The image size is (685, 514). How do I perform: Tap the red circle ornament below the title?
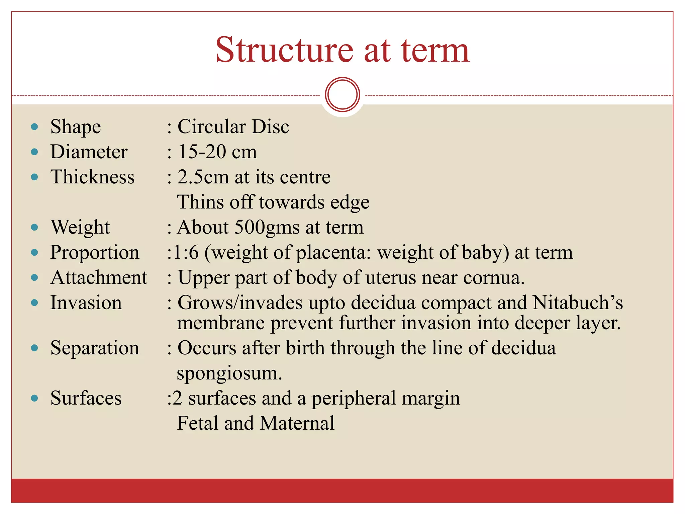342,94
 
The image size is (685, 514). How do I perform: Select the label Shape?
76,127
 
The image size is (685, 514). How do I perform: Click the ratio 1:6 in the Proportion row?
186,252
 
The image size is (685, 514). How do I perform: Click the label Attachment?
99,277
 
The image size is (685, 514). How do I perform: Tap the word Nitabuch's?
578,303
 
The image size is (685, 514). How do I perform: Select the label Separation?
95,348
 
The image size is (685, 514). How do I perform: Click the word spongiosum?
229,373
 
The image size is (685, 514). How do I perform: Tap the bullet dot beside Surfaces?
34,398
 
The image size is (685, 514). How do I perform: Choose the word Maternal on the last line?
297,423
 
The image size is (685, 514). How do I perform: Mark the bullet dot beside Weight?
34,228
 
